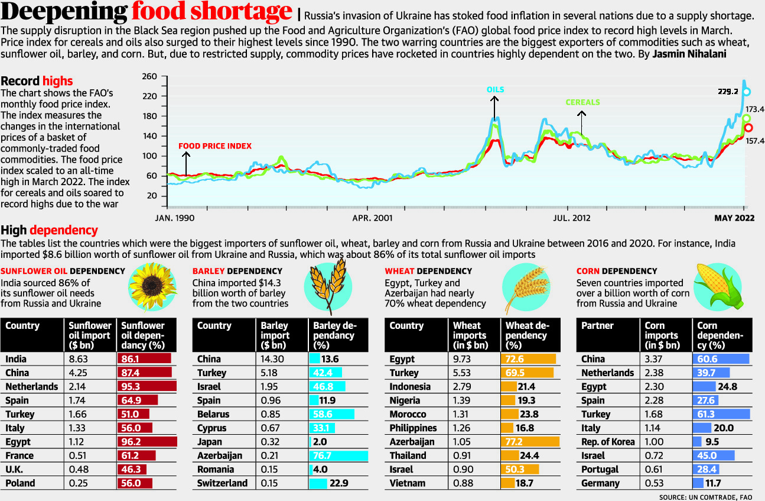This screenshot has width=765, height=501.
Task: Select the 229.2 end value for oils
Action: [728, 92]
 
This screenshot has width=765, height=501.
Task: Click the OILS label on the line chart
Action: [495, 89]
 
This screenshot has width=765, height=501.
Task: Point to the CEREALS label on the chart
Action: [582, 102]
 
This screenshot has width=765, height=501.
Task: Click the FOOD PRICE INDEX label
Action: [214, 146]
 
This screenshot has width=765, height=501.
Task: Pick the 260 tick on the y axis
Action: [149, 77]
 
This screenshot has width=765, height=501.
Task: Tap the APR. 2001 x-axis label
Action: [372, 218]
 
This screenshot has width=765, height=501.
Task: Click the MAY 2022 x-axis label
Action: [736, 218]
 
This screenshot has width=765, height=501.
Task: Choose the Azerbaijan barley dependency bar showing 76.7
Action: [338, 455]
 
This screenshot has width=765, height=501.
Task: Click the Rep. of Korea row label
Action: [608, 442]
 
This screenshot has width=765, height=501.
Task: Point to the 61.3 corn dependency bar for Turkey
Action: [721, 414]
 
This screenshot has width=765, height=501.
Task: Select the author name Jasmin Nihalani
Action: [688, 54]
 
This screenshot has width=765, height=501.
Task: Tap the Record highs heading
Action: [37, 81]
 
